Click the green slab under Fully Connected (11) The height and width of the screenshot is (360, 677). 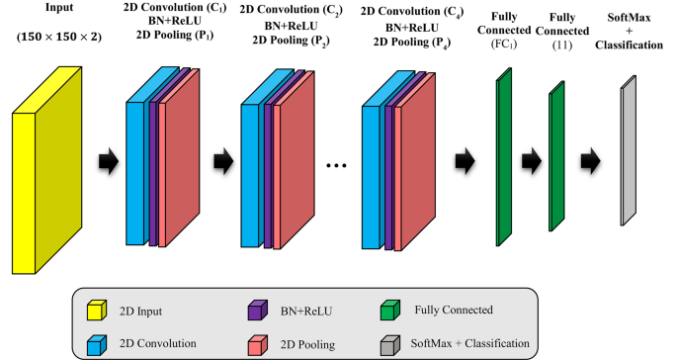[556, 159]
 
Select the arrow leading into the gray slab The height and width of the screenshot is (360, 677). [591, 157]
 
